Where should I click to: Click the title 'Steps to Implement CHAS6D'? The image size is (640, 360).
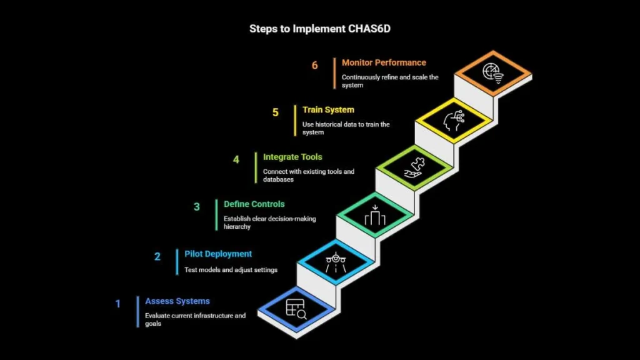(x=320, y=29)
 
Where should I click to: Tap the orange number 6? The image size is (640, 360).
(x=315, y=65)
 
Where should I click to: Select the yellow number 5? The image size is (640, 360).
(x=276, y=112)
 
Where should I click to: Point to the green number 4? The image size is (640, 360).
(x=236, y=159)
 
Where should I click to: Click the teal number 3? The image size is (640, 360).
(x=197, y=207)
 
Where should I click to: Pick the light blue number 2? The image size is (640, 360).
(x=157, y=257)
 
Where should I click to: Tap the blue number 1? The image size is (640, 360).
(x=118, y=304)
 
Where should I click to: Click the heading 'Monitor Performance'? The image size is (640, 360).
(x=384, y=63)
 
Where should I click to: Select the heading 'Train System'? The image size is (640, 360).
(x=328, y=110)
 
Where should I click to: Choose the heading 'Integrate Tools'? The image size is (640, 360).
(x=292, y=157)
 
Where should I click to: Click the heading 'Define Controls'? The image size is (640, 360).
(x=254, y=204)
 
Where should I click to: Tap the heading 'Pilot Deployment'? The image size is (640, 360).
(x=218, y=254)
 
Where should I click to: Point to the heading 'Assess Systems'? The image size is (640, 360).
(x=177, y=301)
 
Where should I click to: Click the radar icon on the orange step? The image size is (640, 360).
(x=493, y=73)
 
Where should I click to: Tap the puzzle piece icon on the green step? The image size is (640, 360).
(x=415, y=167)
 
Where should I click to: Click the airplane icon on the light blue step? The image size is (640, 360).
(x=336, y=262)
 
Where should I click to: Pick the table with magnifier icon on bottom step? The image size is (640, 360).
(x=296, y=309)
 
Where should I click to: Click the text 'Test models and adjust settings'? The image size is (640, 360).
(x=231, y=270)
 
